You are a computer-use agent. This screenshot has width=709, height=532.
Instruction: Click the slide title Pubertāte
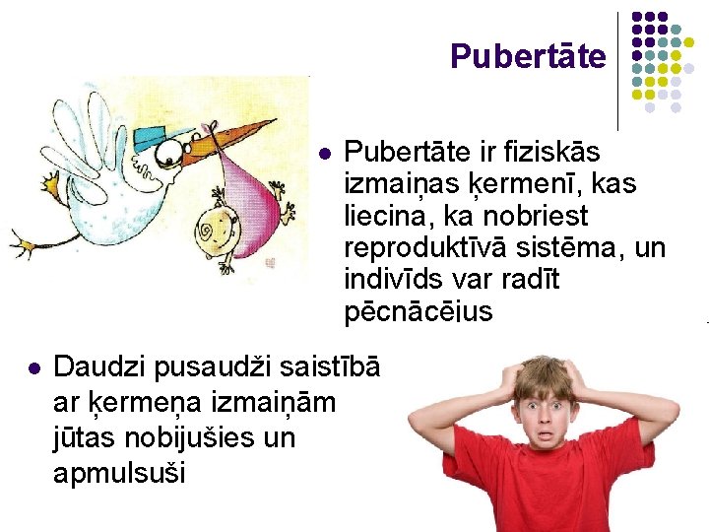(528, 57)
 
